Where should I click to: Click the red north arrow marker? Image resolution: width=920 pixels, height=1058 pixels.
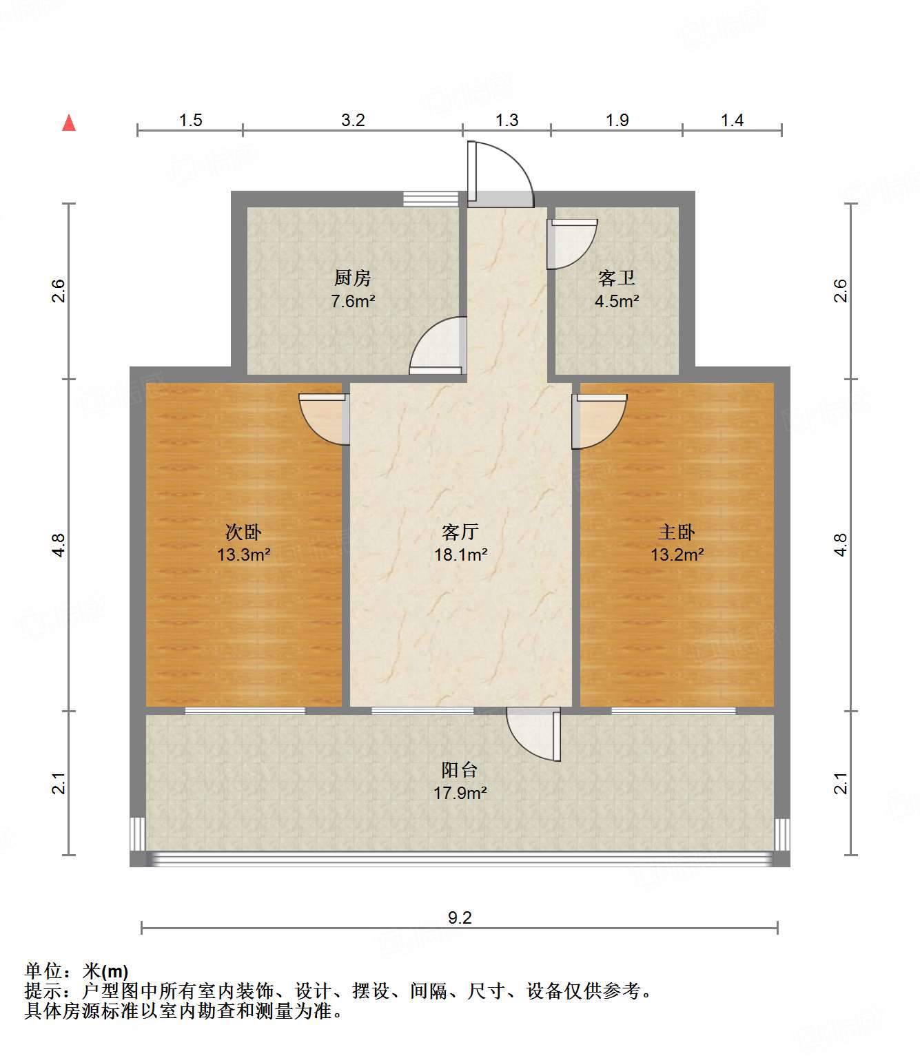pos(69,123)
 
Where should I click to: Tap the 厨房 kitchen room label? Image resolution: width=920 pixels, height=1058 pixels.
pos(352,278)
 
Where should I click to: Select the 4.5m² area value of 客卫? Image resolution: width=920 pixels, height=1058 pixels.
pos(617,301)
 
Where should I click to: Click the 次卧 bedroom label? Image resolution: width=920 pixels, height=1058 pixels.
pos(243,532)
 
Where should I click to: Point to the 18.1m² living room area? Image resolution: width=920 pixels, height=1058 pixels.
pos(460,554)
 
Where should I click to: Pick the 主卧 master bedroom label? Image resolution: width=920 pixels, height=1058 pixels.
pos(677,532)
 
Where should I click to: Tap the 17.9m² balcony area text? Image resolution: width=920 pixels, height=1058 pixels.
pos(460,793)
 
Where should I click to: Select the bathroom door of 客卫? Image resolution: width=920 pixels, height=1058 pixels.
pos(570,243)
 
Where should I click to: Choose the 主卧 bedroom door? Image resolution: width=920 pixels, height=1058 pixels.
pos(599,420)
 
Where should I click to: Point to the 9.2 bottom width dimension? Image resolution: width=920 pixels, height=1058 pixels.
pos(460,917)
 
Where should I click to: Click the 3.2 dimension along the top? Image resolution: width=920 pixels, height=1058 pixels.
pos(353,120)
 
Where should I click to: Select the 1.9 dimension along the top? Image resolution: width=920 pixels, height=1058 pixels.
pos(617,120)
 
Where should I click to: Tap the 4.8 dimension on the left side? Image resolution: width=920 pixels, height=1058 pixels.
pos(59,545)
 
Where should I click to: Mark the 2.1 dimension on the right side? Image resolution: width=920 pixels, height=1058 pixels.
pos(841,783)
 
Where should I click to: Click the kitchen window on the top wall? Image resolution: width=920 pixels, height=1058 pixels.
pos(431,199)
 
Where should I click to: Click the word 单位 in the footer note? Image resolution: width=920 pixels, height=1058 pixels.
pos(43,971)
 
